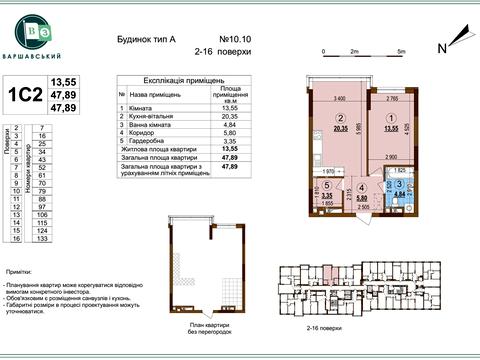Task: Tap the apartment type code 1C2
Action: coord(25,97)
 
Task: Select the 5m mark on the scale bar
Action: coord(401,49)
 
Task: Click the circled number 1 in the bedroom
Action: coord(392,116)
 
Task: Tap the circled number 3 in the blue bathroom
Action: coord(400,184)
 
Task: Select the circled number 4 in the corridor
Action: coord(362,187)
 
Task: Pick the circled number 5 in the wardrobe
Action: coord(327,186)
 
